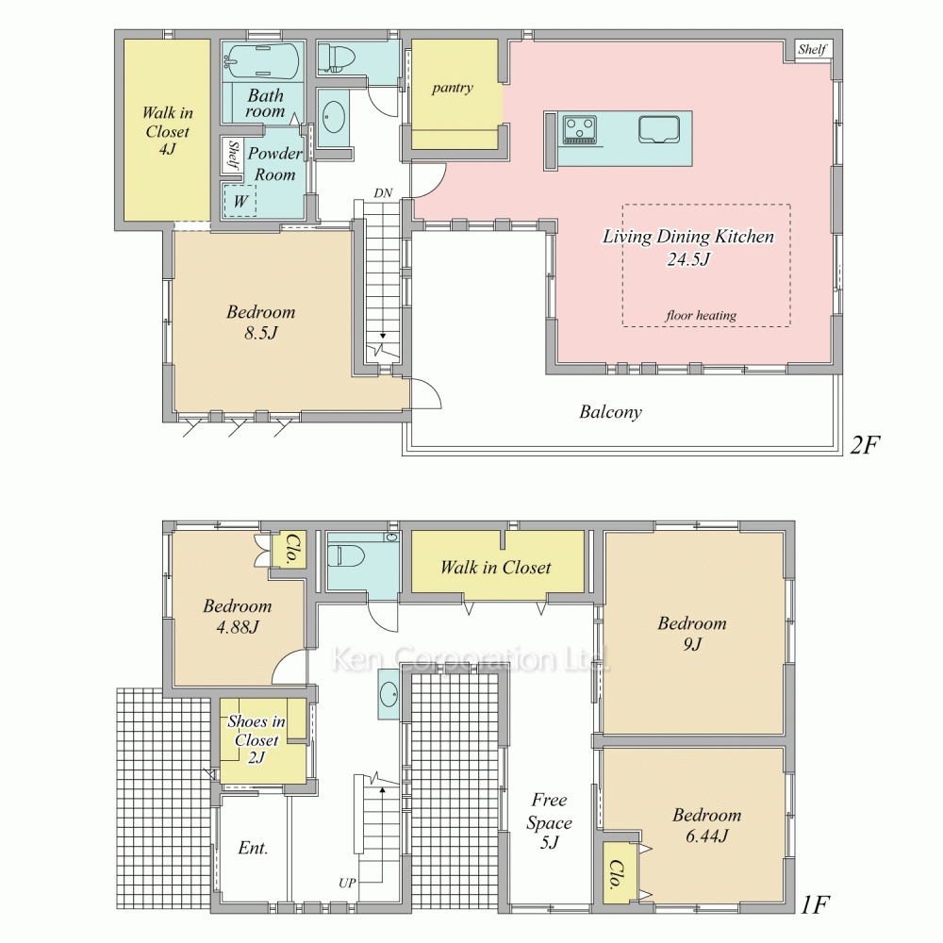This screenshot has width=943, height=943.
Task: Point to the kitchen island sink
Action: tap(658, 129)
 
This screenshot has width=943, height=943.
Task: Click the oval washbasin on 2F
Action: tap(334, 117)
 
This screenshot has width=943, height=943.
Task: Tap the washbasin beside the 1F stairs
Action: tap(389, 695)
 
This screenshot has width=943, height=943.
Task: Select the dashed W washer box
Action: tap(240, 201)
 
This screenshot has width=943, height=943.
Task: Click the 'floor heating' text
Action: tap(701, 315)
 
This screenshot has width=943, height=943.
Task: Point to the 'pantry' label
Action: tap(453, 89)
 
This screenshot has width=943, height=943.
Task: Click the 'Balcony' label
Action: tap(610, 412)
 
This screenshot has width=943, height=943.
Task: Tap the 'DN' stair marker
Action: tap(383, 193)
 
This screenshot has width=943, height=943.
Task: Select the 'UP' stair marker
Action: tap(347, 883)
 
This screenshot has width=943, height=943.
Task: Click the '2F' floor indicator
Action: tap(865, 445)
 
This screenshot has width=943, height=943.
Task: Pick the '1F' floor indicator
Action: tap(816, 904)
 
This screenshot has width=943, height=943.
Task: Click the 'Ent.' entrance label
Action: tap(253, 848)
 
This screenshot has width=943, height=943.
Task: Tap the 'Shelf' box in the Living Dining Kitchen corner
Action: tap(813, 49)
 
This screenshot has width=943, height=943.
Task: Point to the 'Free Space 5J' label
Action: tap(549, 821)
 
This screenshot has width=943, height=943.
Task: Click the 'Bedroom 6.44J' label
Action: tap(706, 825)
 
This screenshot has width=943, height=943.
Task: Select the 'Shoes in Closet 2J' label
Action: tap(256, 739)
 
